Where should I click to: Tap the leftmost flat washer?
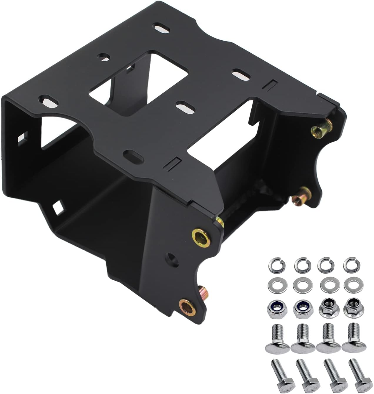click(275, 285)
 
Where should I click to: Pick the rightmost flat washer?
click(350, 285)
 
